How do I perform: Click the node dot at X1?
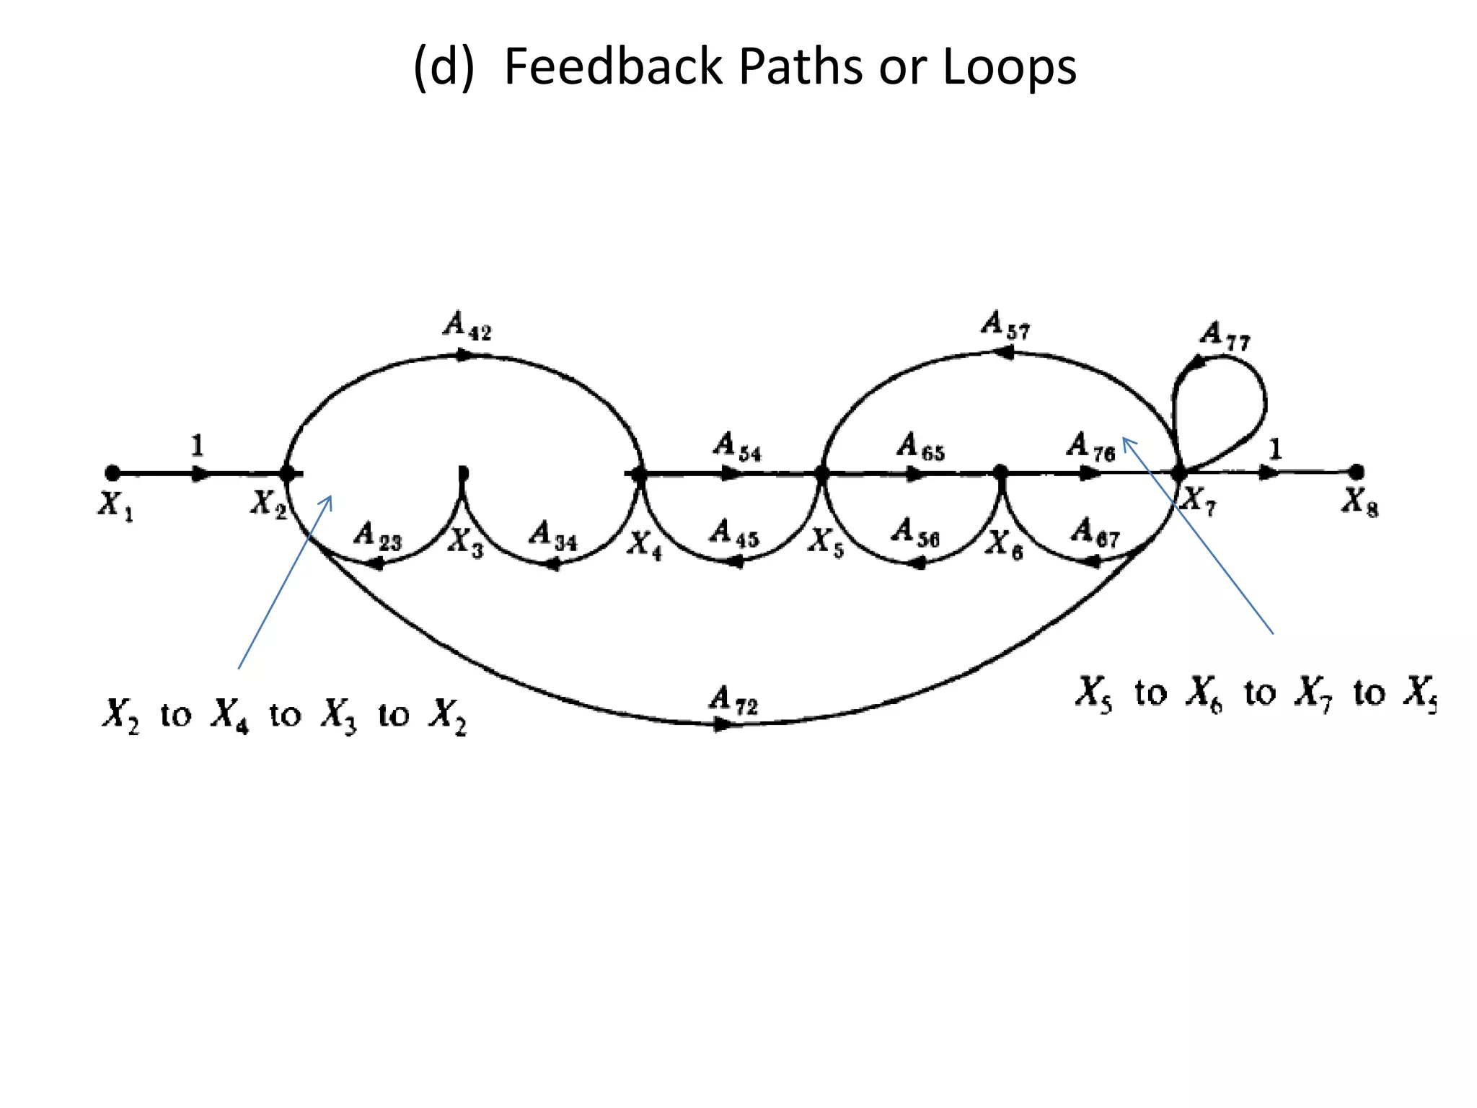pyautogui.click(x=113, y=473)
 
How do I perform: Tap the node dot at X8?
pyautogui.click(x=1357, y=472)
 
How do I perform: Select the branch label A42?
pyautogui.click(x=467, y=325)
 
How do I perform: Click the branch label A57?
pyautogui.click(x=1005, y=325)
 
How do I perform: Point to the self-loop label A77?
pyautogui.click(x=1225, y=336)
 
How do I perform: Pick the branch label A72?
pyautogui.click(x=733, y=700)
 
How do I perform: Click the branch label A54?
pyautogui.click(x=737, y=447)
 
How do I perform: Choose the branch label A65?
pyautogui.click(x=920, y=447)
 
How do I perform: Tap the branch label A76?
pyautogui.click(x=1090, y=447)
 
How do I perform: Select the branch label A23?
pyautogui.click(x=377, y=537)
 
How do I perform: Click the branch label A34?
pyautogui.click(x=553, y=536)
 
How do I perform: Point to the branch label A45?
pyautogui.click(x=734, y=535)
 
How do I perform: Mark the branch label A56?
pyautogui.click(x=915, y=534)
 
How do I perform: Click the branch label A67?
pyautogui.click(x=1095, y=533)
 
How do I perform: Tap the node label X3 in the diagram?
pyautogui.click(x=465, y=542)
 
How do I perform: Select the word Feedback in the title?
pyautogui.click(x=612, y=66)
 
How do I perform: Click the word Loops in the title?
pyautogui.click(x=1009, y=66)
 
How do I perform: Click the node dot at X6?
pyautogui.click(x=1000, y=472)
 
